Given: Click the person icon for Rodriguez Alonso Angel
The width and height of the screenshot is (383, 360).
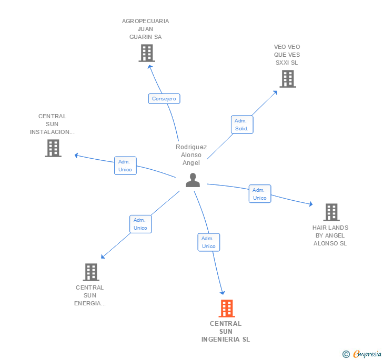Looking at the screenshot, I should [193, 180].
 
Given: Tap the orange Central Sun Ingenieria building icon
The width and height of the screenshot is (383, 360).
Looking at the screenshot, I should [226, 308].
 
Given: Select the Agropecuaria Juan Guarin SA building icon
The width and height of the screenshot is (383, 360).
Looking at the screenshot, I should [146, 53].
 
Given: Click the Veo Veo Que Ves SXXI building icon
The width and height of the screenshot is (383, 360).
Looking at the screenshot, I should [287, 79].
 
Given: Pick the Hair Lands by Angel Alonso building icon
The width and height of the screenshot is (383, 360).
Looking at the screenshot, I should [331, 212].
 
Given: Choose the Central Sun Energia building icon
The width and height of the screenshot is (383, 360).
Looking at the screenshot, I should [91, 272].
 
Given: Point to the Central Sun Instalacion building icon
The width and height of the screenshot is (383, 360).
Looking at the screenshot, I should [53, 148].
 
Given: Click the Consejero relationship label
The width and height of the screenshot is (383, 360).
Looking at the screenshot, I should [164, 98].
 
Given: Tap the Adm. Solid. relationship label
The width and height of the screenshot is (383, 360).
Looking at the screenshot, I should [241, 125].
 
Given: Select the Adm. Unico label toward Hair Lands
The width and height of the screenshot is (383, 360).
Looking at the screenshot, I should [260, 194].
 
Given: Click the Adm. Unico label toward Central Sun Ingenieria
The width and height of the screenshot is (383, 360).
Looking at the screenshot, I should [209, 242].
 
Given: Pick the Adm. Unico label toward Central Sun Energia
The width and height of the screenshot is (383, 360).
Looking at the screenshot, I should [140, 224].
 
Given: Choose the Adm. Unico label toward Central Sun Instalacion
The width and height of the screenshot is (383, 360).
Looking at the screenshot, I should [125, 166].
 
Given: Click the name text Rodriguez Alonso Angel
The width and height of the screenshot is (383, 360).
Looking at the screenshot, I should [191, 155].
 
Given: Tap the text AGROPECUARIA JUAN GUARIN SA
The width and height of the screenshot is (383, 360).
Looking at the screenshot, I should [146, 29].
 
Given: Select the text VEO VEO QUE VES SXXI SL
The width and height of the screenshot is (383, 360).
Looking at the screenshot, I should [287, 55].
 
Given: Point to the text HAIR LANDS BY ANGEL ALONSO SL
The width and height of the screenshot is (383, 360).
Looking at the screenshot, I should [330, 235].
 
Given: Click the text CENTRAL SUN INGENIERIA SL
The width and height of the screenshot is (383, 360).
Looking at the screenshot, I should [226, 332].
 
